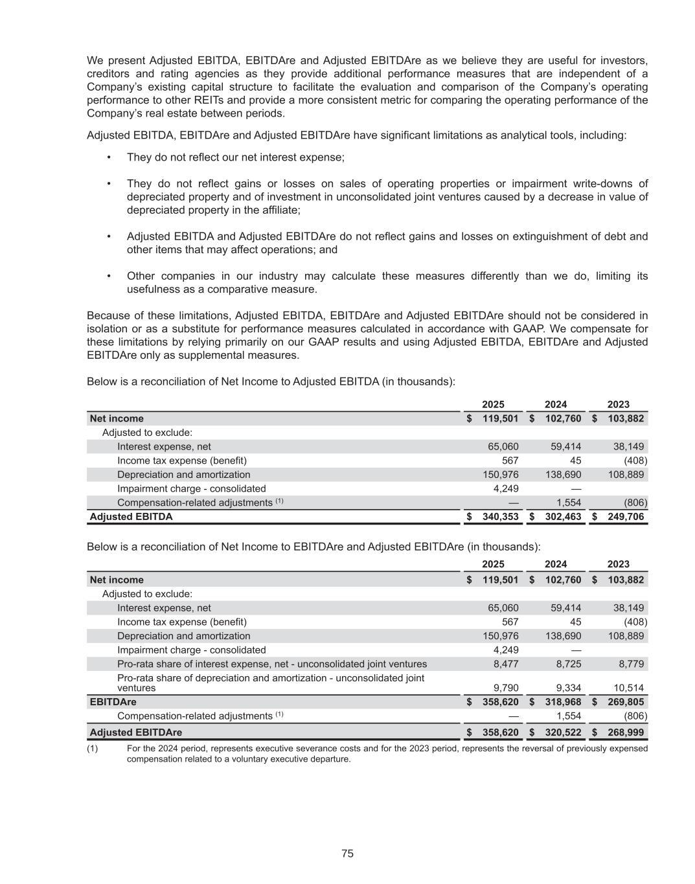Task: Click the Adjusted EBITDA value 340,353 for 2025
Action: pos(500,517)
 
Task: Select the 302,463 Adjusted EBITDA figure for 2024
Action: pos(563,517)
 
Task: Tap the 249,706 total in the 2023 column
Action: pos(626,517)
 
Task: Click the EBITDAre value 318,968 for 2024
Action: pos(563,702)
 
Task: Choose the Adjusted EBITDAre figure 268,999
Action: pos(626,732)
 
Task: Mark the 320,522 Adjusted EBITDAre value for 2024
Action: pos(563,732)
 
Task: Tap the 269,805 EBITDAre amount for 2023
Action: pos(626,702)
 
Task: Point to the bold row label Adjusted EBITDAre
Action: pos(135,732)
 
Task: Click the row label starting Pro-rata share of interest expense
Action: pos(271,664)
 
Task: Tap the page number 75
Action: pos(347,854)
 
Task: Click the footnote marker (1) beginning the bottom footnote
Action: pos(92,749)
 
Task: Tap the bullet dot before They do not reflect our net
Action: pos(109,157)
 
